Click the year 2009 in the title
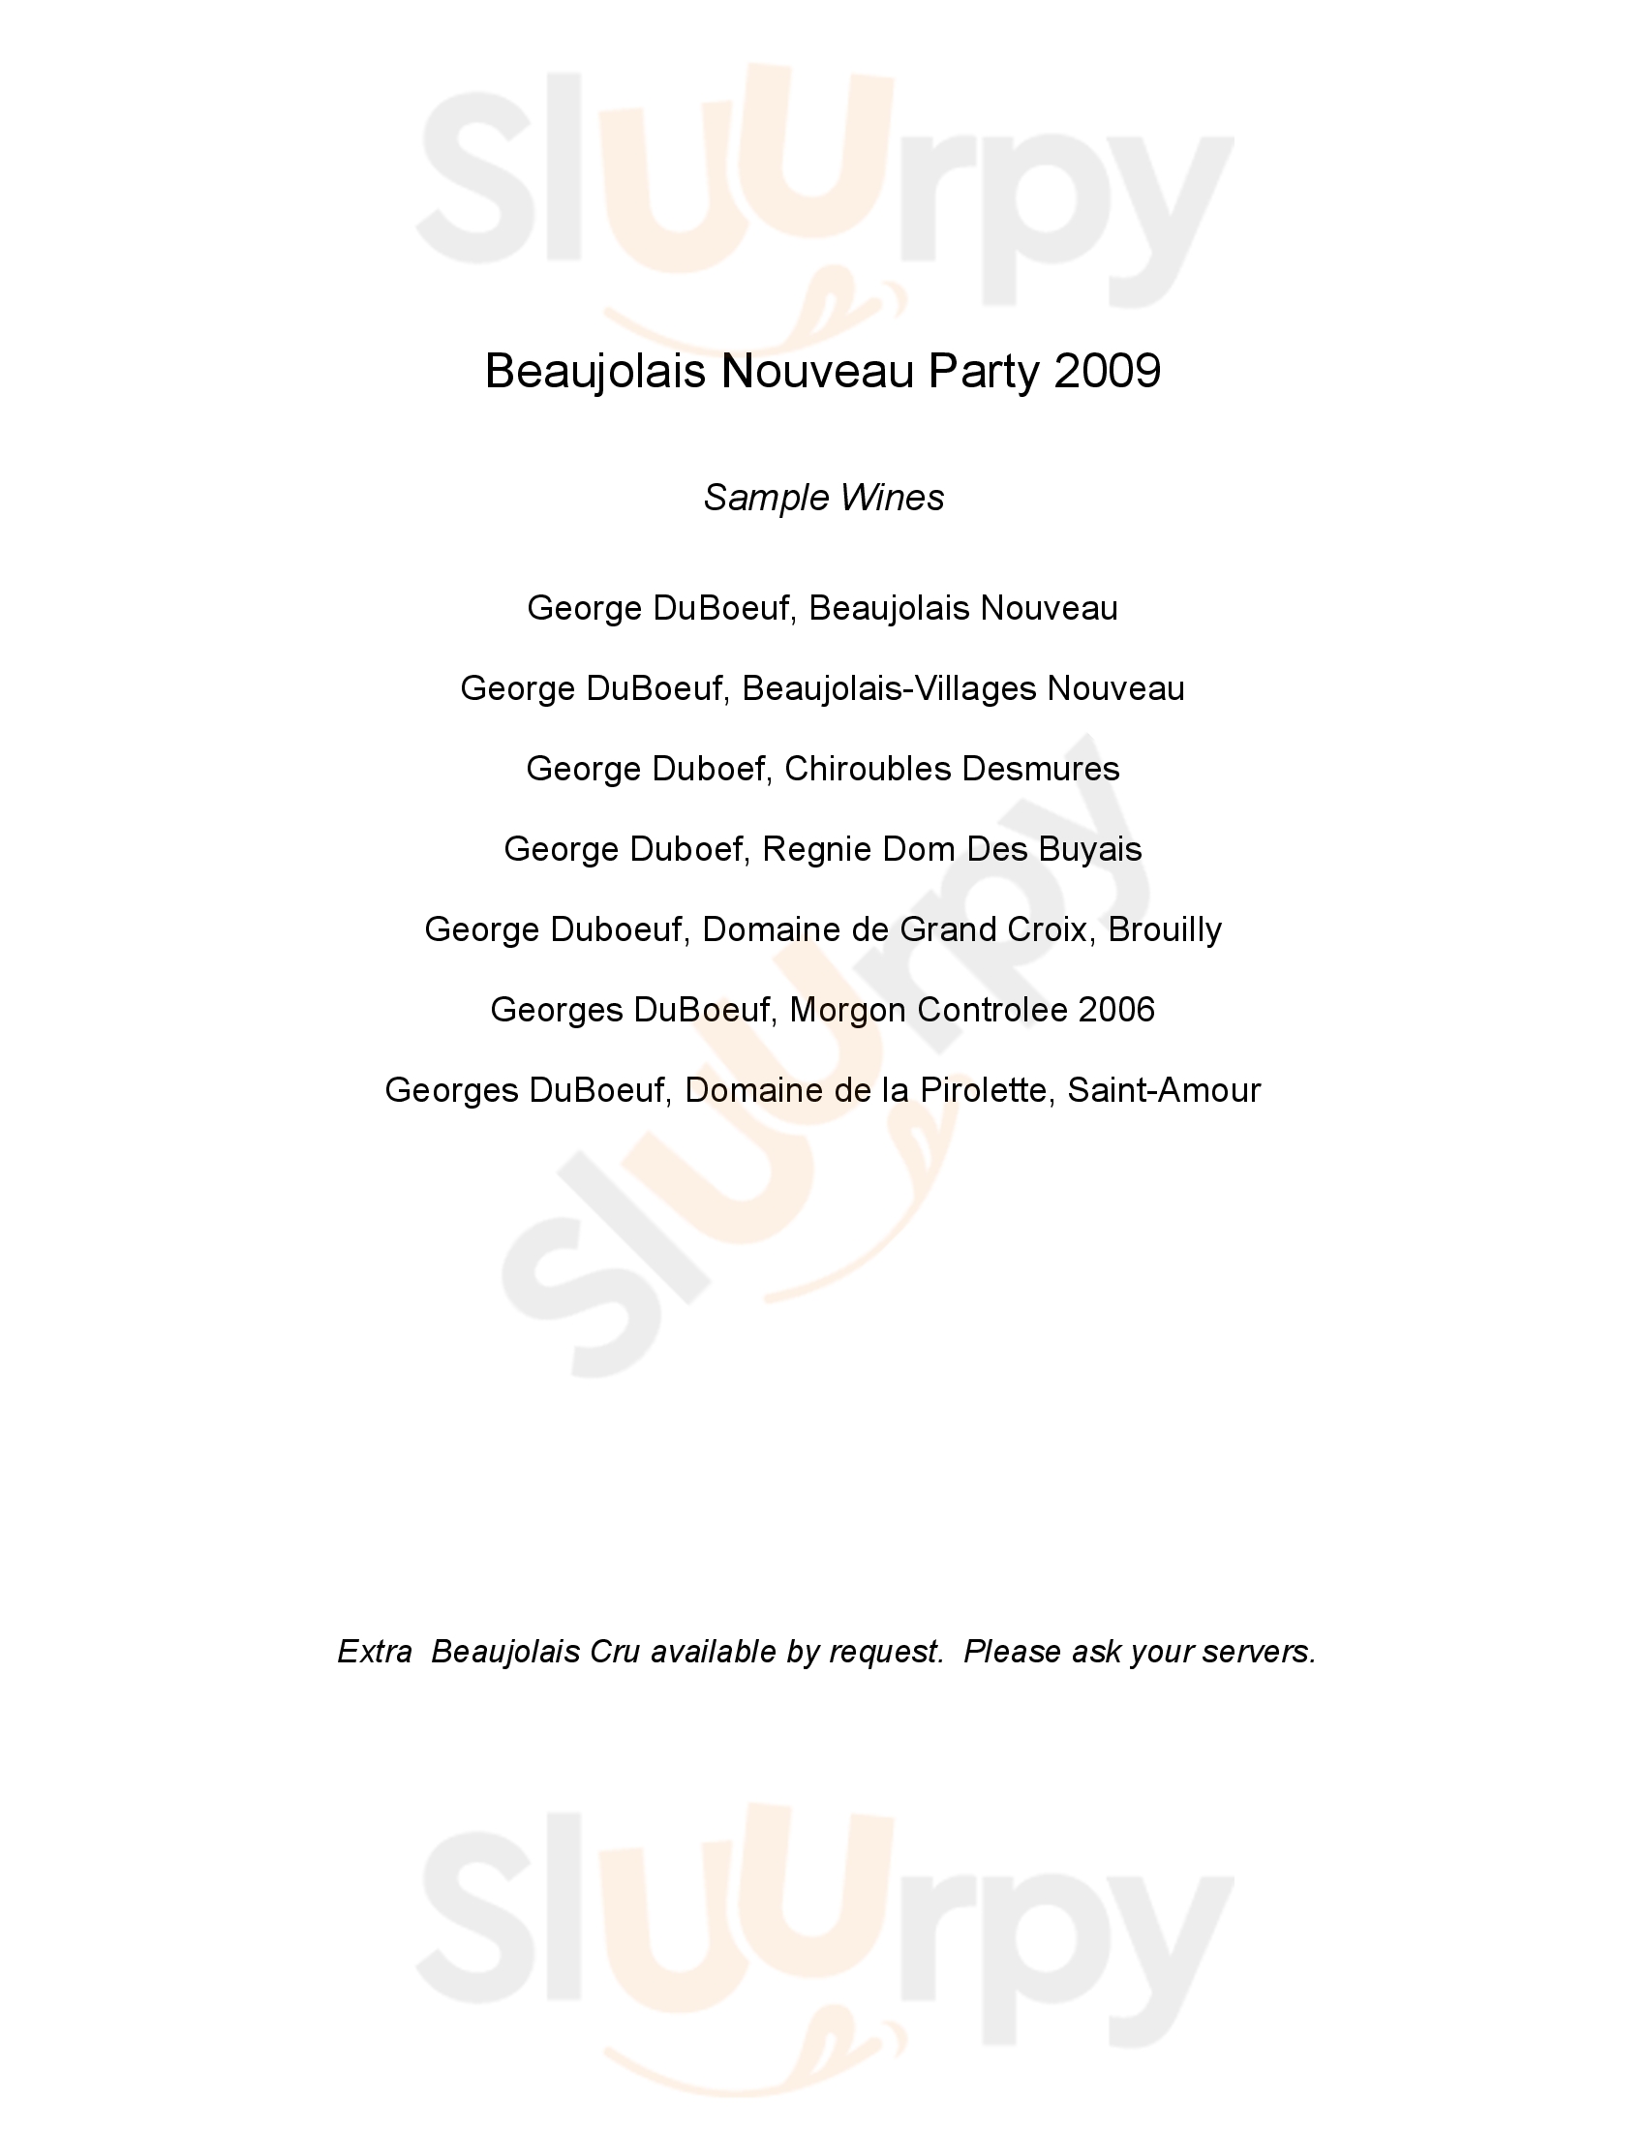coord(1107,372)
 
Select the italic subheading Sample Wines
coord(823,499)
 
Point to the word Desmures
coord(1040,770)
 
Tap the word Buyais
coord(1089,849)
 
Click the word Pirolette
coord(980,1090)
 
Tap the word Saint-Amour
coord(1163,1090)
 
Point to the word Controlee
coord(991,1011)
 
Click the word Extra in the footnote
coord(375,1652)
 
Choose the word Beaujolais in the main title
coord(594,372)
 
